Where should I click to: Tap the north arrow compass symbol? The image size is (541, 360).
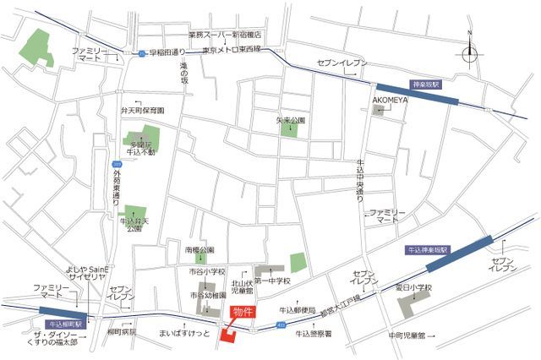(x=469, y=52)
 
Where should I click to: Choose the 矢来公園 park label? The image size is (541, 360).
(x=290, y=121)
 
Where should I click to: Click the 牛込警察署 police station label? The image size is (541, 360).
(x=313, y=334)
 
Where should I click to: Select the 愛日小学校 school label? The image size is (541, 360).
(x=414, y=288)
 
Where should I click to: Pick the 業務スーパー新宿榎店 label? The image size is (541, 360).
(x=225, y=35)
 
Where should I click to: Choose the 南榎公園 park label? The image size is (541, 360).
(x=200, y=250)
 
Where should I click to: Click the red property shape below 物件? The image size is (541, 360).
(x=229, y=335)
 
